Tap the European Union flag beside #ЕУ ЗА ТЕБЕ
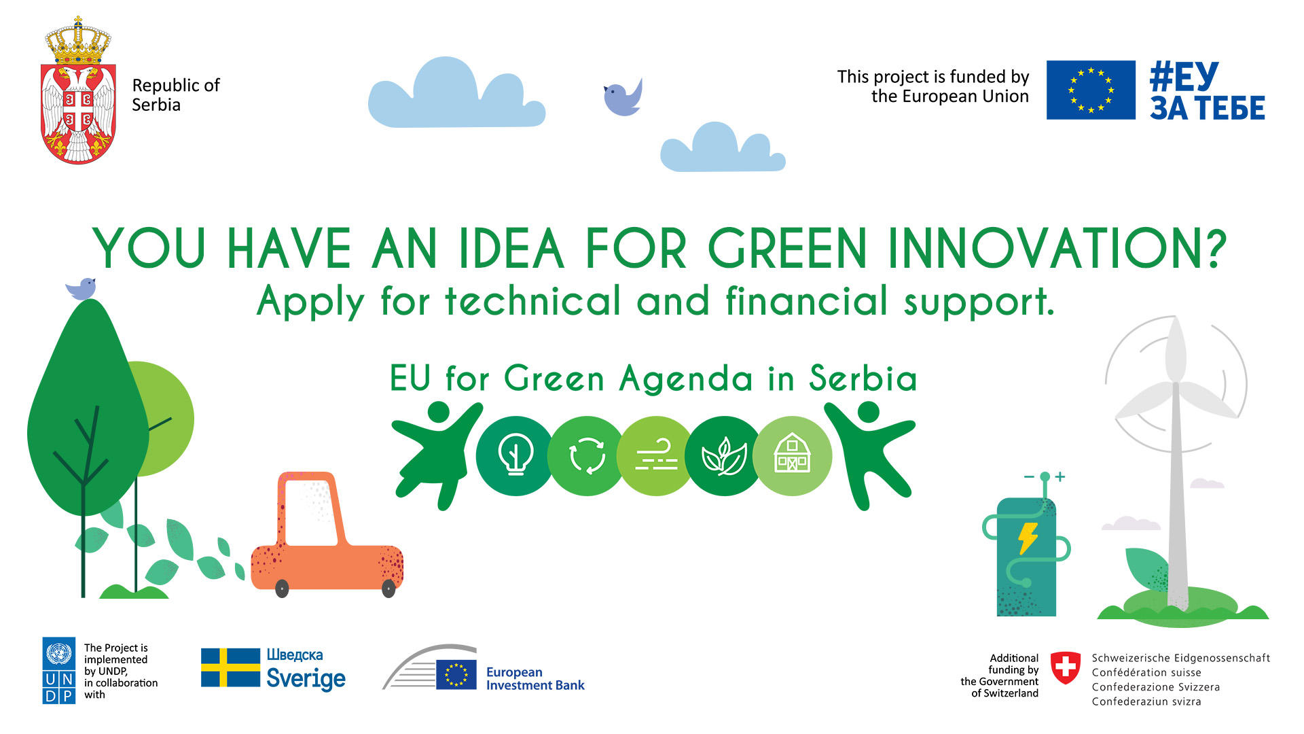1091,90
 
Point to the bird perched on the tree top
81,288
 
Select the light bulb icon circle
515,455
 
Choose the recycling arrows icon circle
587,455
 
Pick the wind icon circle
656,455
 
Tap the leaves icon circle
724,455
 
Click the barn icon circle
793,455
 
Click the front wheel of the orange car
388,589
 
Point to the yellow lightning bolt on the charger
1028,538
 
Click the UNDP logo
58,670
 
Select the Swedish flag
230,667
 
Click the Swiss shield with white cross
1065,668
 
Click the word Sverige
306,678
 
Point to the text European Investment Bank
535,678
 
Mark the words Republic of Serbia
176,95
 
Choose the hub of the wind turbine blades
1176,385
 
